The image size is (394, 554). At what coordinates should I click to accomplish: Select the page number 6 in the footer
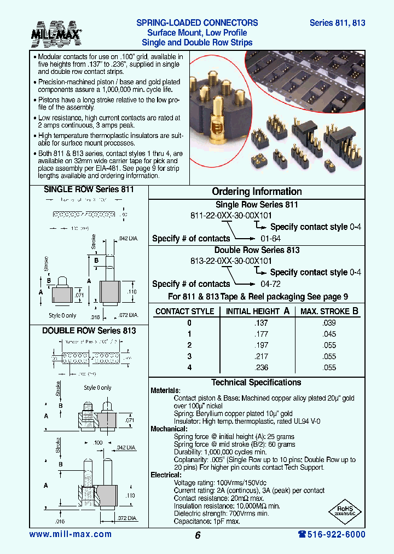[197, 535]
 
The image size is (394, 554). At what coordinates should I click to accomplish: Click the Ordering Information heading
[257, 192]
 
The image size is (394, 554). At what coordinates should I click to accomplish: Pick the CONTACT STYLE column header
[184, 311]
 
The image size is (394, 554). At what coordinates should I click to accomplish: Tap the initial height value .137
[261, 323]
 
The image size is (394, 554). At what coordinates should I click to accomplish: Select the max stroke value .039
[329, 323]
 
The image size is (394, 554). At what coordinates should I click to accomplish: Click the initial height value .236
[261, 368]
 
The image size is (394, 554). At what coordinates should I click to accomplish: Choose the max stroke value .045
[329, 334]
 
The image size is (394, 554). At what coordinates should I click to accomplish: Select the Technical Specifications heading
[256, 383]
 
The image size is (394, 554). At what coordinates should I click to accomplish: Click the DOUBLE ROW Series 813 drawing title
[89, 331]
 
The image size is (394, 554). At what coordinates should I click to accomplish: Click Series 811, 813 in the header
[337, 23]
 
